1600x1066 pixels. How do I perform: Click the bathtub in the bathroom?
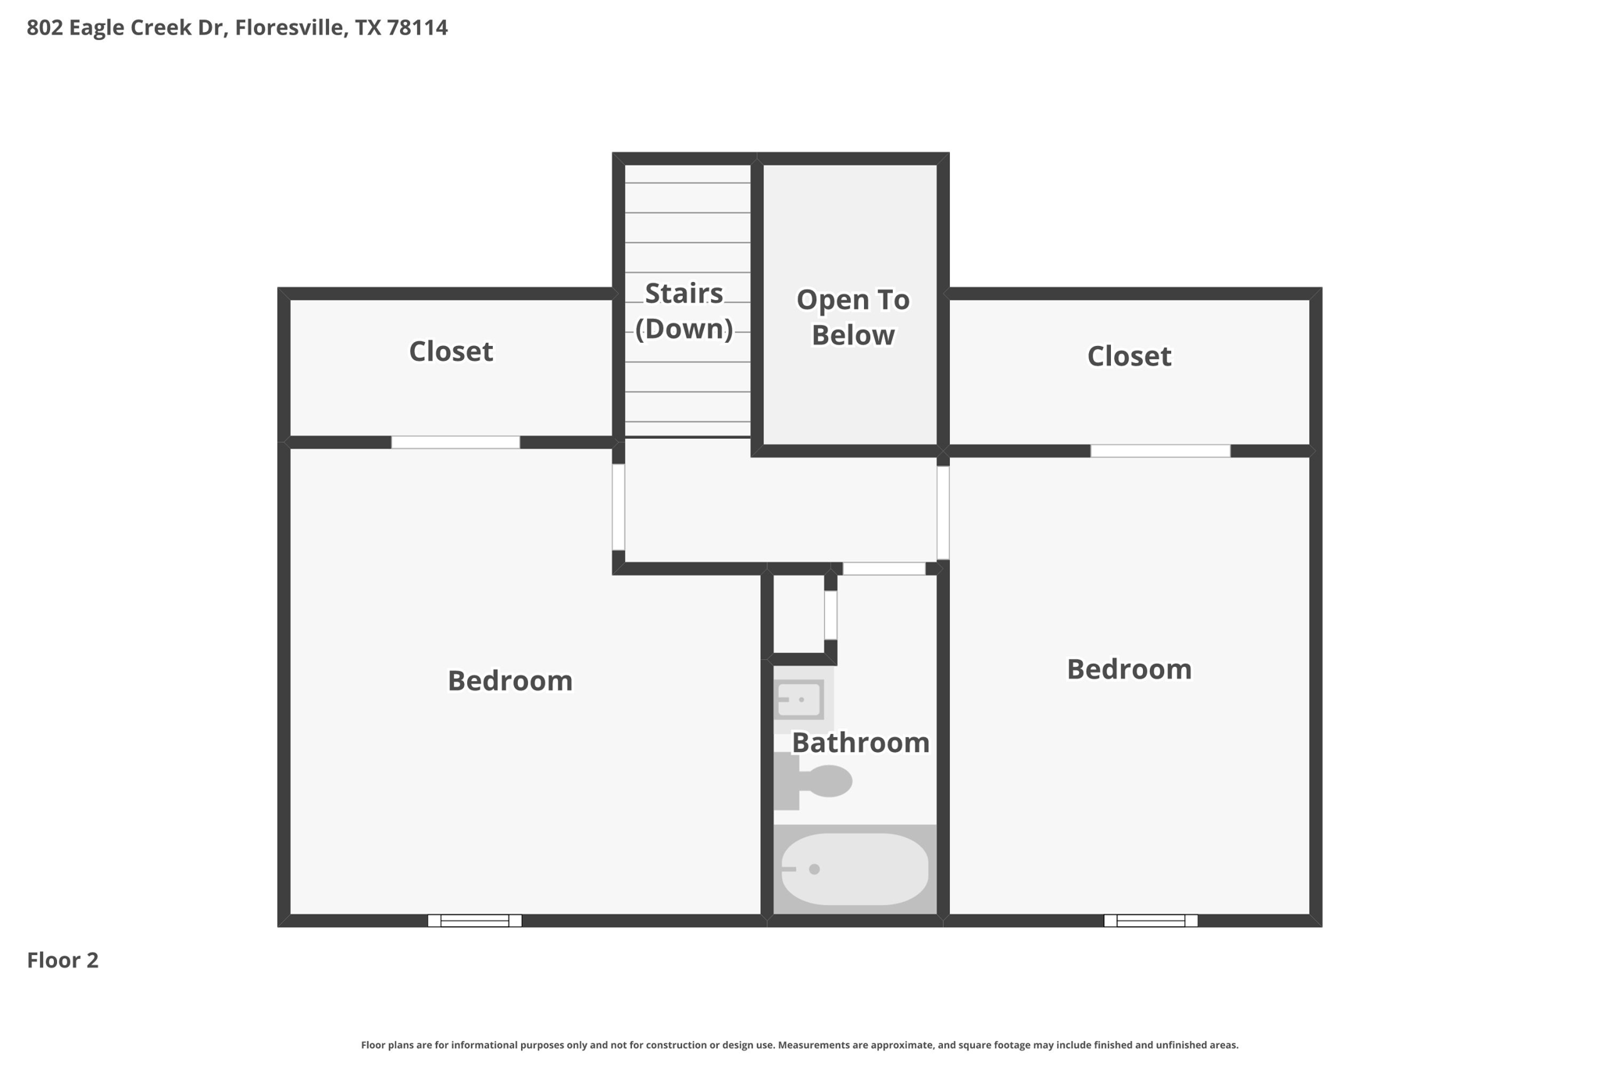855,868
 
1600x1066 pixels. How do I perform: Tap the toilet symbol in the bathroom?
816,781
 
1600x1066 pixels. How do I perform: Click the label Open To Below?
852,317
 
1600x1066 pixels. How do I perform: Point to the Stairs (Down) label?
684,311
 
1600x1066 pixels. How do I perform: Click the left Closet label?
451,351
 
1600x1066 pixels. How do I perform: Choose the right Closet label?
1129,356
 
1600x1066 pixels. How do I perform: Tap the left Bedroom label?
509,681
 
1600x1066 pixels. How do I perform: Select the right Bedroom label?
1129,669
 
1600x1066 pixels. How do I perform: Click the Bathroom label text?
860,743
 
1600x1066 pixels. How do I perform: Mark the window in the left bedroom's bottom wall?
474,921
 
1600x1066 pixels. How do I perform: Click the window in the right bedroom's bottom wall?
1150,921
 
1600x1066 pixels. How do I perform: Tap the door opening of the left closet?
455,443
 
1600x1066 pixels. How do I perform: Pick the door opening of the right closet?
1160,451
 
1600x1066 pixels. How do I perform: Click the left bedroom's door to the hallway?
618,507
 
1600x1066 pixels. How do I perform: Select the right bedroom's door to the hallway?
943,512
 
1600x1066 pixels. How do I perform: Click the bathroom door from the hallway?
884,569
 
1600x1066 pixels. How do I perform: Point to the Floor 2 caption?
62,961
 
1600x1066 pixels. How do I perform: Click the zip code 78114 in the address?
417,28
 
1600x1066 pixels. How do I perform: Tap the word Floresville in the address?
289,28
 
